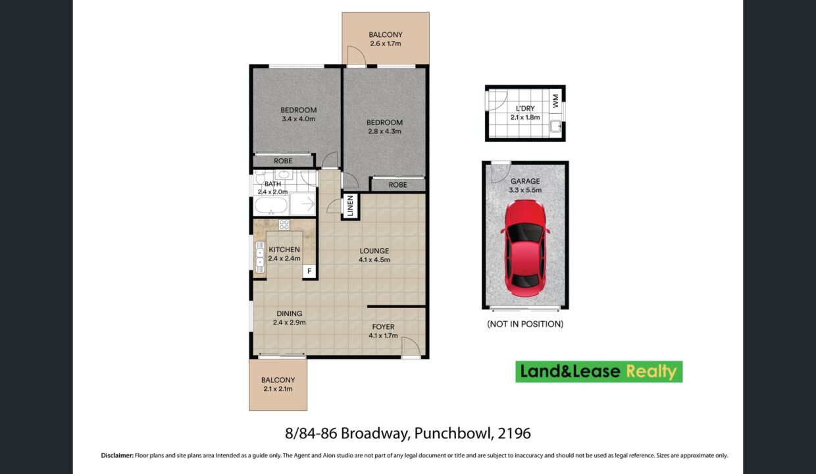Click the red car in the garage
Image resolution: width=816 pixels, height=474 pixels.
(525, 248)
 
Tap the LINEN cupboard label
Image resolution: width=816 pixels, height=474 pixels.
(351, 206)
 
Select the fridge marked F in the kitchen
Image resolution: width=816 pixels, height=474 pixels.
(309, 271)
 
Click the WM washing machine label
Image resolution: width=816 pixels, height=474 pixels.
(555, 101)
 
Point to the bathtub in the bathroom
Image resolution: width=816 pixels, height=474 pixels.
(271, 205)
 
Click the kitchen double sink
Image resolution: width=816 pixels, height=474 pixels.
(260, 257)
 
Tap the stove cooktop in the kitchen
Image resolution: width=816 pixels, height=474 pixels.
(284, 224)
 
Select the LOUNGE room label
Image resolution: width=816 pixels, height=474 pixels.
(374, 251)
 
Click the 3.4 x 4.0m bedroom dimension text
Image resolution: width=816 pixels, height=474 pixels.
(298, 118)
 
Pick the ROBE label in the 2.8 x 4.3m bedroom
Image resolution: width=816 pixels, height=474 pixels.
(397, 185)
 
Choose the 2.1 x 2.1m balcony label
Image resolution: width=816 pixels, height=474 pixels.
(278, 384)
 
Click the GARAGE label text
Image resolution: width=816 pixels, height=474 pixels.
(525, 181)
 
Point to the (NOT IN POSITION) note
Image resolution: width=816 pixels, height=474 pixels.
(525, 324)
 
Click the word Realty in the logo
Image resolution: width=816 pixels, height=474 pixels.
(651, 372)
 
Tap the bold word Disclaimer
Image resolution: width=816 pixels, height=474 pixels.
(117, 455)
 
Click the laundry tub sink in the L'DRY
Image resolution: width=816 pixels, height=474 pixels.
(556, 126)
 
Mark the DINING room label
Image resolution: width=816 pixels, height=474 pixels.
(290, 313)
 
